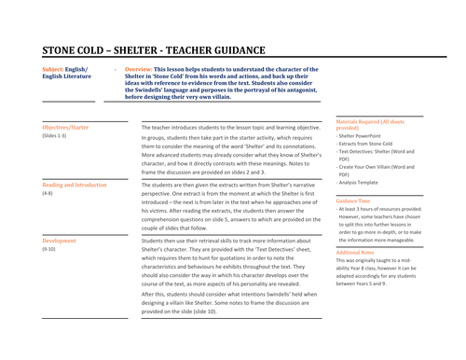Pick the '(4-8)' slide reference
48,194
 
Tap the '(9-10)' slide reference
49,251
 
